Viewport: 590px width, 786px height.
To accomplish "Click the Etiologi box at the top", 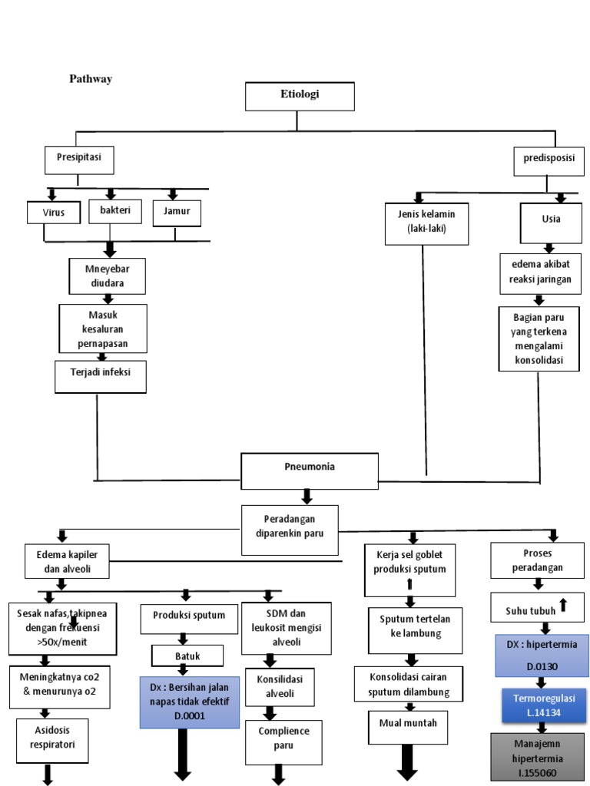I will [x=300, y=96].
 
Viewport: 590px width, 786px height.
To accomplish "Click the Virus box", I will [x=53, y=213].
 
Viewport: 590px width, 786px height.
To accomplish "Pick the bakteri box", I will [x=114, y=210].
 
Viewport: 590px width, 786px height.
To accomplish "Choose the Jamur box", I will [x=177, y=212].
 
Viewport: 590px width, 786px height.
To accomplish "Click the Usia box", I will [x=550, y=219].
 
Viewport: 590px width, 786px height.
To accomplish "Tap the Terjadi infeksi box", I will [x=100, y=376].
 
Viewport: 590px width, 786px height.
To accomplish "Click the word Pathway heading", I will [x=91, y=79].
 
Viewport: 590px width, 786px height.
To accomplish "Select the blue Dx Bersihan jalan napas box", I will [x=184, y=702].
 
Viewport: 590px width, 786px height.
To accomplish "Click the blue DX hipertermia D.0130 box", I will [x=542, y=655].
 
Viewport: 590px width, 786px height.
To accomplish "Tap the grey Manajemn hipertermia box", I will [x=536, y=756].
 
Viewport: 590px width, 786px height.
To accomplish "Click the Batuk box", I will [x=187, y=656].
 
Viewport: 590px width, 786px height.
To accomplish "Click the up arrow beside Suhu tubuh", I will [x=562, y=606].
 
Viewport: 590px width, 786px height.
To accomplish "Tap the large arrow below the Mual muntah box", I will [x=406, y=763].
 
